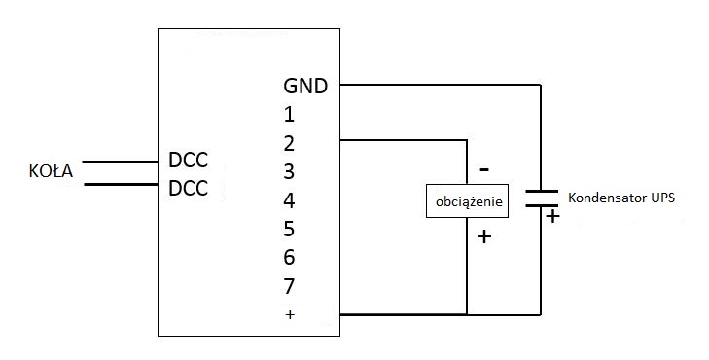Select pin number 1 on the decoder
coord(288,114)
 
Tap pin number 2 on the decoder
coord(288,143)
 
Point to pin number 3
coord(288,172)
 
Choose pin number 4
coord(288,201)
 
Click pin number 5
coord(288,230)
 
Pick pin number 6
coord(288,258)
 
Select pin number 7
coord(288,287)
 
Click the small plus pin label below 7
coord(288,315)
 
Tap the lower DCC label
coord(188,188)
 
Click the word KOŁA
coord(51,173)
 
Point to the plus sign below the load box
coord(484,235)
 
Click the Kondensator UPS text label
coord(620,197)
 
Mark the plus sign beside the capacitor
coord(552,217)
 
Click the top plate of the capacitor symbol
coord(541,192)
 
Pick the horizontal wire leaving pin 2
coord(404,140)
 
